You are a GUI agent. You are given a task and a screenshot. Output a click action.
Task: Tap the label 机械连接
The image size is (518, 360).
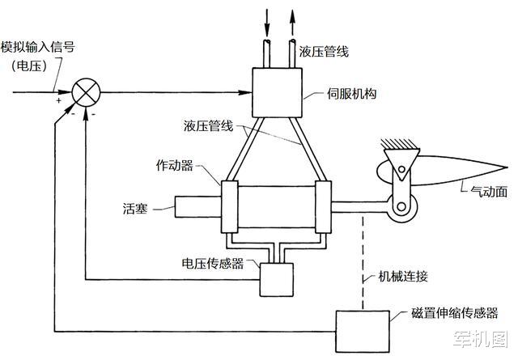tap(403, 276)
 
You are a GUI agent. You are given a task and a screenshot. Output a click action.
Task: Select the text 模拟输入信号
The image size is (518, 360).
tap(38, 47)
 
